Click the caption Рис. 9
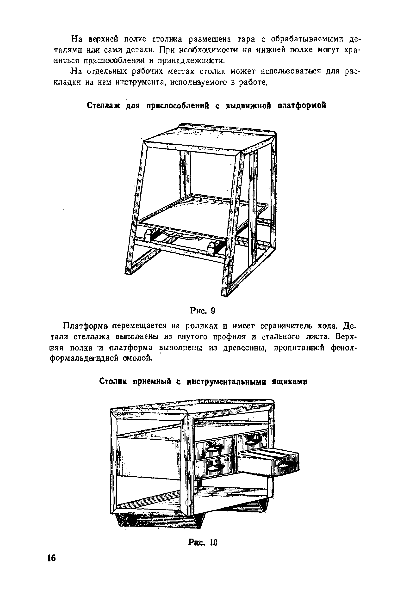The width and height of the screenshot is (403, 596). tap(202, 311)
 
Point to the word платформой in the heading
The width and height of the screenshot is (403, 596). tap(302, 105)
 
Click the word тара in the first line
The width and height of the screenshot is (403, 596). tap(246, 39)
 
